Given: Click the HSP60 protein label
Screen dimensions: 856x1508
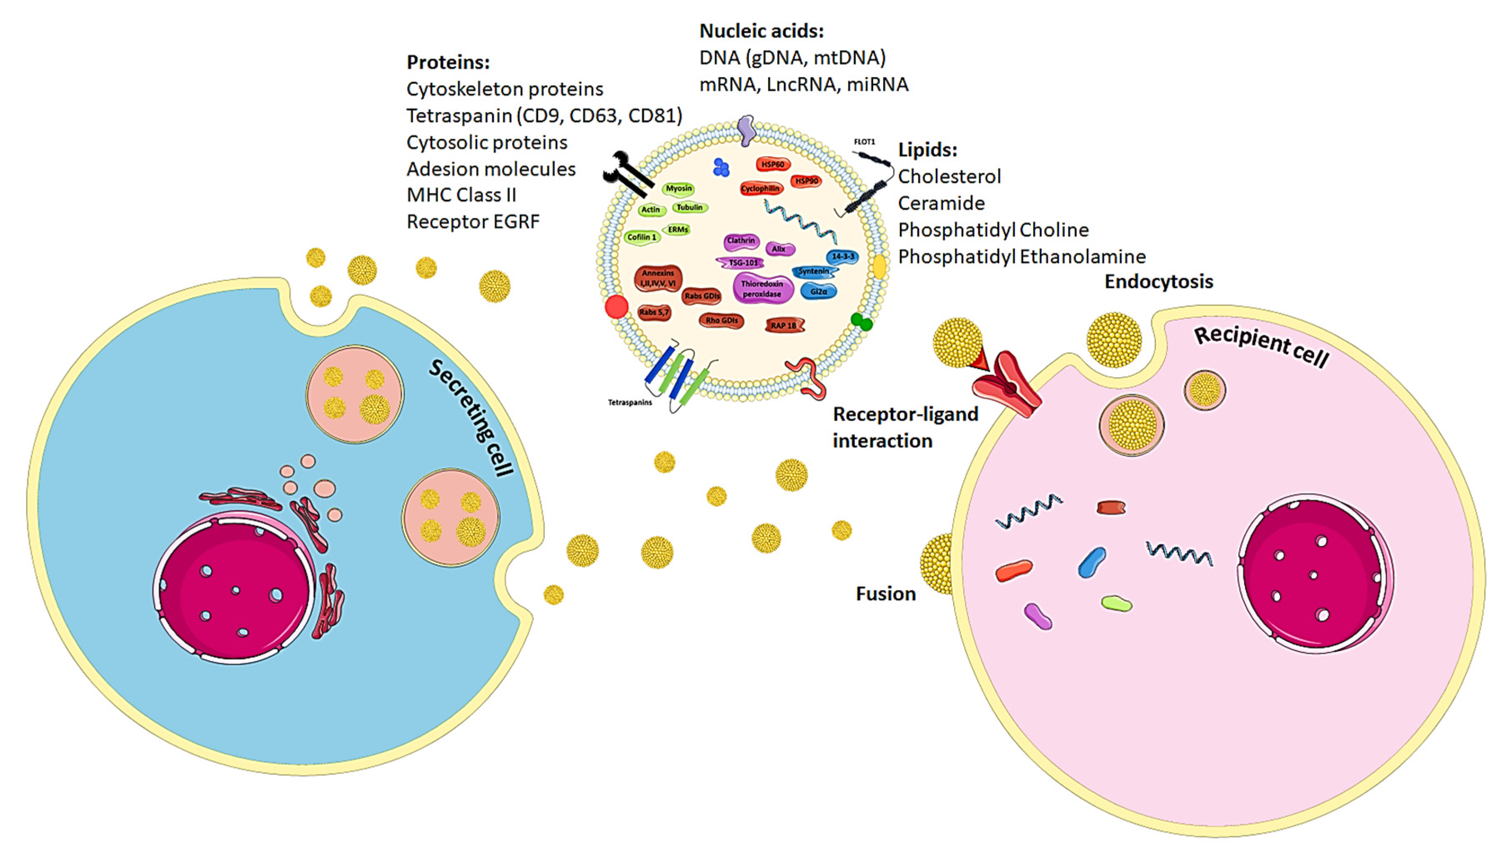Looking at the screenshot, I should pos(772,164).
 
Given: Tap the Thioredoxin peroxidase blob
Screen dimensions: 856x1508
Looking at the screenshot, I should pos(762,289).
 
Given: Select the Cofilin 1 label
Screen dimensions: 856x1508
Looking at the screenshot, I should pos(641,237).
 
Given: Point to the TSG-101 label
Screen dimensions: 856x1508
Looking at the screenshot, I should pos(742,263).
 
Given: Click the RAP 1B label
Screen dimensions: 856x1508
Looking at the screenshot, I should pos(784,325).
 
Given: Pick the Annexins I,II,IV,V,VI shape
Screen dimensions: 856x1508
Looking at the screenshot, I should pos(658,278).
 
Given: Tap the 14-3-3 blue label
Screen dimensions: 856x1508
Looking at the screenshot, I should pos(842,257).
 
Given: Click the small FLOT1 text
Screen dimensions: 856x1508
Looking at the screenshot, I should pos(864,142).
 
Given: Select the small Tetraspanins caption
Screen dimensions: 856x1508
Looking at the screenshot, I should pos(629,403).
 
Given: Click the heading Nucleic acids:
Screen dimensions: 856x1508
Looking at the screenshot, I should pos(761,30).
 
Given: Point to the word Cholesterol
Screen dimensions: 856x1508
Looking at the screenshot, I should pos(949,176).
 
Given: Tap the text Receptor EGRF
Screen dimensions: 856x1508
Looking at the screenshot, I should pos(472,222).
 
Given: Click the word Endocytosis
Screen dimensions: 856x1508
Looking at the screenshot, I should pos(1158,282).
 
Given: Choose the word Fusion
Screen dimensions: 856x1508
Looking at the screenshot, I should pos(885,594).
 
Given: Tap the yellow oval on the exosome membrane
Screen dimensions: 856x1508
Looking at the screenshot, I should pos(879,267).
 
